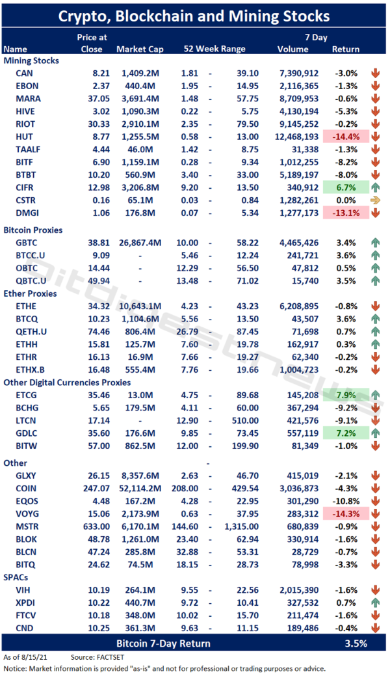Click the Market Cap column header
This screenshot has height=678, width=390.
tap(140, 49)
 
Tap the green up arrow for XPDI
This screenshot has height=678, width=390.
tap(376, 602)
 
